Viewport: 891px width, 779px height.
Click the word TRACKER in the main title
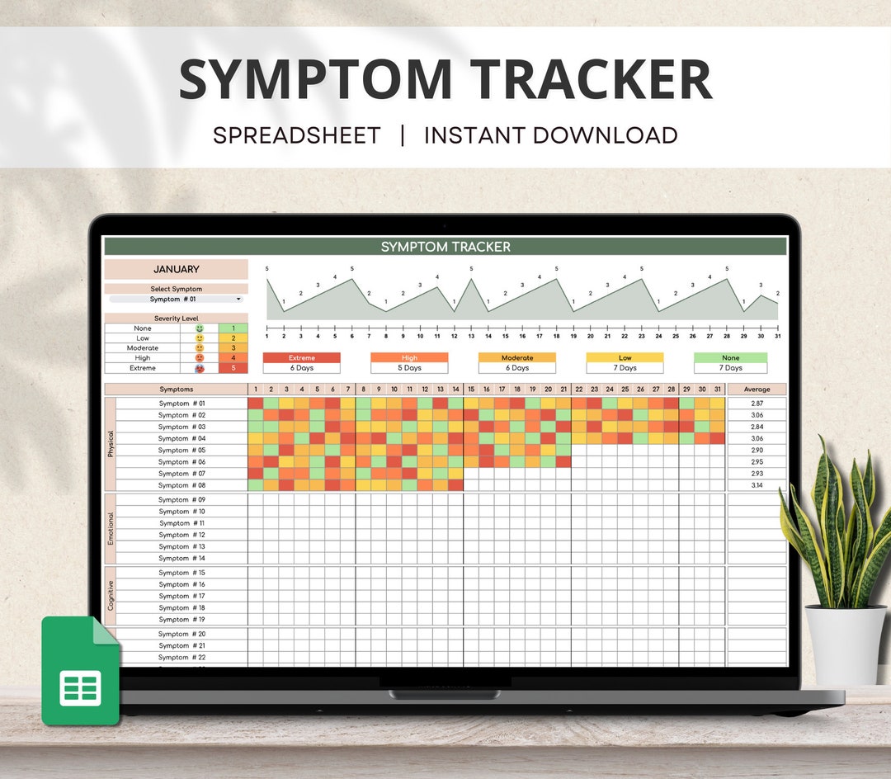pyautogui.click(x=592, y=79)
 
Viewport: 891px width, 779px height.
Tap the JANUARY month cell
pyautogui.click(x=176, y=269)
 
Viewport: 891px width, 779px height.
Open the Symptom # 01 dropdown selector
pyautogui.click(x=176, y=300)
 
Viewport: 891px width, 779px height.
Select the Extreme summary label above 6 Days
pyautogui.click(x=301, y=358)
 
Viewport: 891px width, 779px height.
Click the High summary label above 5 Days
pyautogui.click(x=409, y=358)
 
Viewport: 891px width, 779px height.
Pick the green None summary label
pyautogui.click(x=730, y=358)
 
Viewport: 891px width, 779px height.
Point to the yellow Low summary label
pyautogui.click(x=625, y=358)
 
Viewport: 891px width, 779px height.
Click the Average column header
pyautogui.click(x=757, y=389)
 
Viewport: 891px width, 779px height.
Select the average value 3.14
pyautogui.click(x=757, y=485)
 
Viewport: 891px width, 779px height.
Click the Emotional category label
pyautogui.click(x=111, y=528)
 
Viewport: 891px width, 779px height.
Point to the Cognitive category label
pyautogui.click(x=111, y=595)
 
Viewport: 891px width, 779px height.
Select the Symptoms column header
pyautogui.click(x=176, y=389)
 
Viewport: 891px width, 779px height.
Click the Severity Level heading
pyautogui.click(x=176, y=319)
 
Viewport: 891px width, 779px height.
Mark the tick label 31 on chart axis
pyautogui.click(x=777, y=336)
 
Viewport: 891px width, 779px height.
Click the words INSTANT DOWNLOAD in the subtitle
pyautogui.click(x=550, y=135)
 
